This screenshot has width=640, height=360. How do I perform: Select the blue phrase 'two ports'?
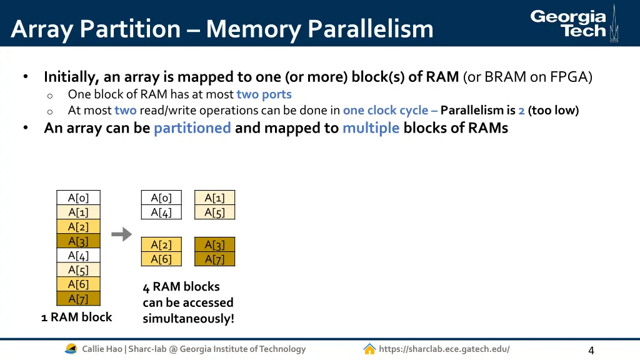click(x=264, y=94)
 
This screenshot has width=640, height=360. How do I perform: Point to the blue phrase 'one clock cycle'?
click(x=386, y=111)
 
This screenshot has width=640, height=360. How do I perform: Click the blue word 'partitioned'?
click(x=192, y=128)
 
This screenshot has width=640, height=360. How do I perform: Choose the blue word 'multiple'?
click(x=371, y=128)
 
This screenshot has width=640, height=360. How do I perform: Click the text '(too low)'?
click(x=553, y=111)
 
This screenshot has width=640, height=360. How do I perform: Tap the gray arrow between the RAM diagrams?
click(x=121, y=234)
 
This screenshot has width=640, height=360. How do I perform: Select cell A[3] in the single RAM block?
click(x=78, y=241)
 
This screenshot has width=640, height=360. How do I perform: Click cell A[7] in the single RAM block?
click(x=78, y=299)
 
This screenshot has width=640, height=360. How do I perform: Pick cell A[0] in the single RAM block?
click(x=78, y=198)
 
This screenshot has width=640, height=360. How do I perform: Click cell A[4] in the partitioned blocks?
click(x=161, y=212)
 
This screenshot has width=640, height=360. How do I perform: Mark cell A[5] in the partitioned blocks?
click(x=214, y=212)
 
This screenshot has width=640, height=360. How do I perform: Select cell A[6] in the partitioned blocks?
click(x=161, y=259)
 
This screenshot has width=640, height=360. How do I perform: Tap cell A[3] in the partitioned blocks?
click(x=214, y=245)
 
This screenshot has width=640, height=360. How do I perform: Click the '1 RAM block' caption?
click(x=76, y=317)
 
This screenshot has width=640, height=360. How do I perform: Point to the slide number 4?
click(x=591, y=350)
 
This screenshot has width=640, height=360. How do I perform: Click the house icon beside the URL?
click(x=369, y=349)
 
